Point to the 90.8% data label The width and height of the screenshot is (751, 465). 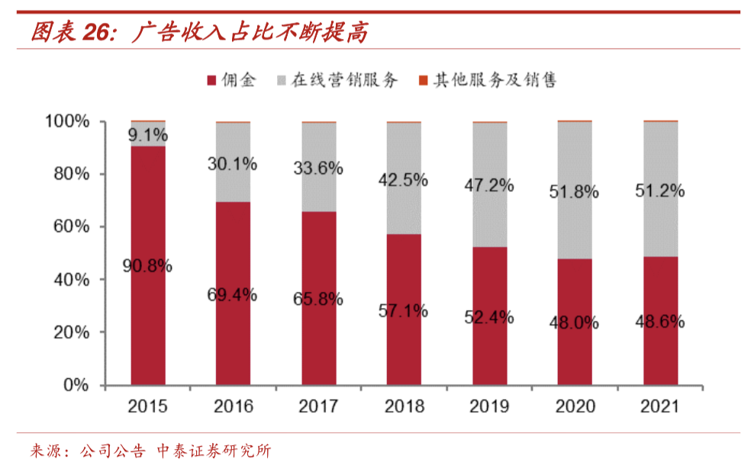[x=148, y=266]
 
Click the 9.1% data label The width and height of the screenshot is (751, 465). [x=148, y=136]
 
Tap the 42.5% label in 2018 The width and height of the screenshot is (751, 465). [x=405, y=181]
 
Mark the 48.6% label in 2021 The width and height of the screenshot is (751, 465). [x=661, y=322]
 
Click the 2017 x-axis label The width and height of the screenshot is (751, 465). [x=319, y=407]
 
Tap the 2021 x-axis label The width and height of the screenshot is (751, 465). [x=661, y=407]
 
